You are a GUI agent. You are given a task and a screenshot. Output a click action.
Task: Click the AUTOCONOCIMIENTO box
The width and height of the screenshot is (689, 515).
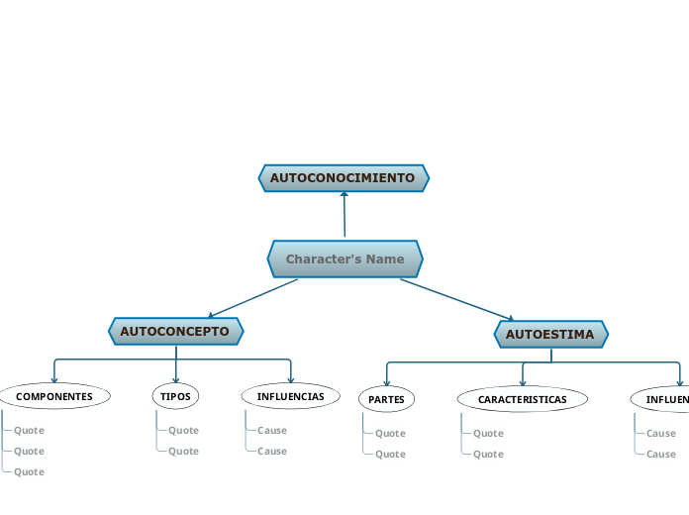344,178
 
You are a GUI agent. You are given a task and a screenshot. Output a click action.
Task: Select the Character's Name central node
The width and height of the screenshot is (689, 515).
344,259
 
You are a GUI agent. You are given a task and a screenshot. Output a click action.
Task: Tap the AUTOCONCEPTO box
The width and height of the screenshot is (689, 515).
175,331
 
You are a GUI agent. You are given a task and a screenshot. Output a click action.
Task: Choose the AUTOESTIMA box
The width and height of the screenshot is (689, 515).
550,335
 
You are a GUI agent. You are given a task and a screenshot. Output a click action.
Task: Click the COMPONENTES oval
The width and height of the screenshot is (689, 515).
54,396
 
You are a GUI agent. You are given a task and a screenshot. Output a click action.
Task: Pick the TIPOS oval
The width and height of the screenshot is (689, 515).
175,396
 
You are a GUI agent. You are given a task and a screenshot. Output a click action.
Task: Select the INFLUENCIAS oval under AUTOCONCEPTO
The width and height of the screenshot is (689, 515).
290,396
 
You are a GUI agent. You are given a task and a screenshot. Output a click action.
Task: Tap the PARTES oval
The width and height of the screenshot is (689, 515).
386,399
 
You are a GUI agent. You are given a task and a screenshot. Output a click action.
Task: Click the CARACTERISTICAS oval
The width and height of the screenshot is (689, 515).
522,399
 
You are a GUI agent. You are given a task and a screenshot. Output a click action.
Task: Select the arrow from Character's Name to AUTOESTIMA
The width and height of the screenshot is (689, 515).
455,299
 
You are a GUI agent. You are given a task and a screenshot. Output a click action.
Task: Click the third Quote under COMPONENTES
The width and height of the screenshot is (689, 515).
29,472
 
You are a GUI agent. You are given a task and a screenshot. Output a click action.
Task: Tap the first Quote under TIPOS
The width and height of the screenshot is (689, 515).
183,431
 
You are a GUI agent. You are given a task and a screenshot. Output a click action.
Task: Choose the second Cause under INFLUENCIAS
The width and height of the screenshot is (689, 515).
272,452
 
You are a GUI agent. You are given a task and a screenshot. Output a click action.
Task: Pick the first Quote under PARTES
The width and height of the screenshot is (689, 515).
390,434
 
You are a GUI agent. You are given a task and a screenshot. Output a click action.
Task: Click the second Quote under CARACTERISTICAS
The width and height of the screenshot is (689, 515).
488,455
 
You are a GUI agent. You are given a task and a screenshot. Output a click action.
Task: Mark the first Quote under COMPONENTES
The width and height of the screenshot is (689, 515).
29,431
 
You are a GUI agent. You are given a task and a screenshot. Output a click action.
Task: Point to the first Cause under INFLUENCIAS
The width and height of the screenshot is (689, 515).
272,431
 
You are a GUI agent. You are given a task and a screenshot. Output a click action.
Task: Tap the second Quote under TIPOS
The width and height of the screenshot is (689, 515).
183,452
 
